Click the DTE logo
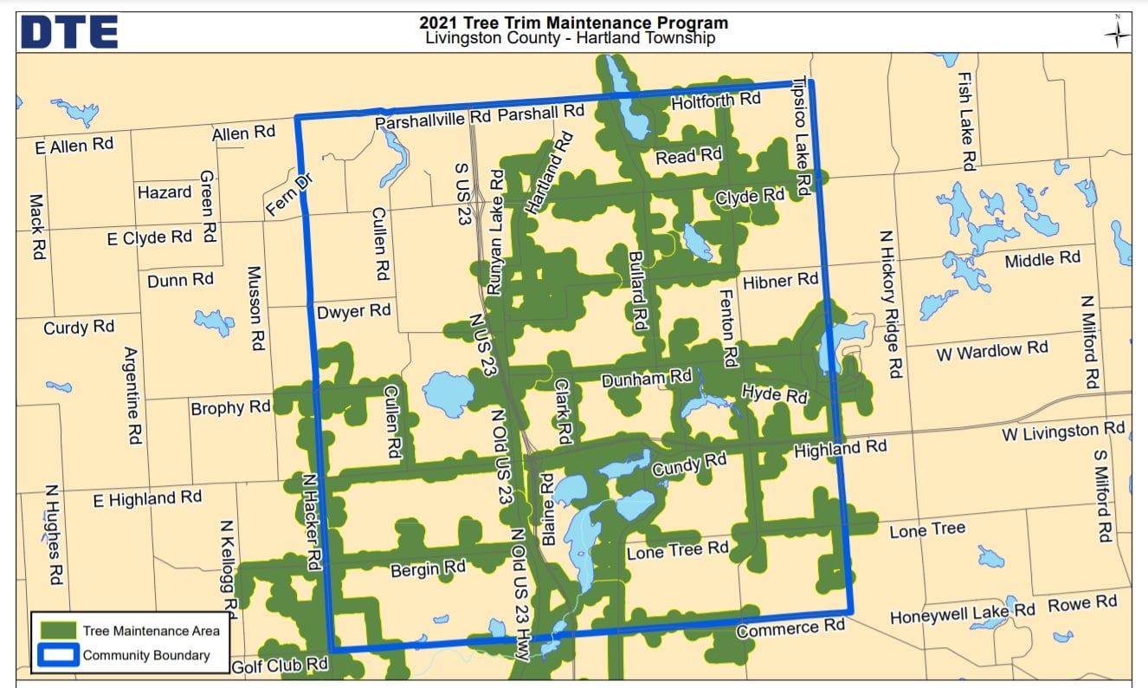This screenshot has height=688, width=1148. [69, 31]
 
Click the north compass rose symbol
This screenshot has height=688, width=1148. [1117, 33]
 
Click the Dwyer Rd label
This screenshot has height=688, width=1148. [353, 311]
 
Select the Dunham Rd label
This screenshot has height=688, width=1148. [646, 379]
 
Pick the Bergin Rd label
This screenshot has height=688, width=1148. [428, 568]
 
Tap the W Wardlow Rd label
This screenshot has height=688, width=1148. [991, 351]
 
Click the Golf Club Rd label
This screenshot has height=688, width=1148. [280, 665]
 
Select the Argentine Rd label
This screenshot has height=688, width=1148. [132, 395]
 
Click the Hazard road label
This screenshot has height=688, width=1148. [164, 192]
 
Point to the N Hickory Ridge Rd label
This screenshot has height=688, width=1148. [892, 303]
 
